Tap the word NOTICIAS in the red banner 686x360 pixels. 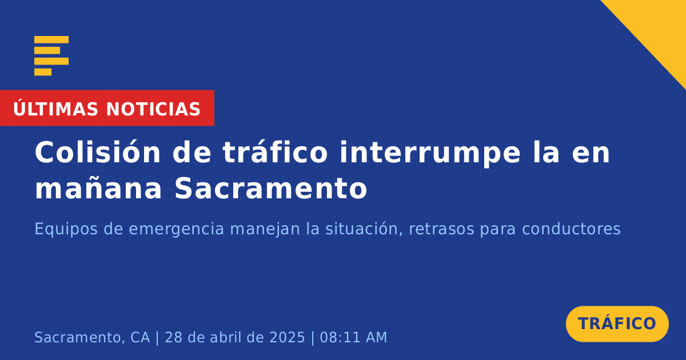click(x=153, y=109)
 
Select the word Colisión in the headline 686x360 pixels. click(x=97, y=152)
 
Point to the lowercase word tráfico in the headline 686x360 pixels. click(x=275, y=151)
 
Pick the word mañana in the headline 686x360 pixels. click(x=98, y=188)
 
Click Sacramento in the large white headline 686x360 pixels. click(x=271, y=188)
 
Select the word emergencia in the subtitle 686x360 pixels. click(x=177, y=230)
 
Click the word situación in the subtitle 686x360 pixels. click(x=364, y=229)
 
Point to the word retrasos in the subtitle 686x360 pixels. click(x=441, y=229)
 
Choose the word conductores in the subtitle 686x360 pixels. click(x=571, y=229)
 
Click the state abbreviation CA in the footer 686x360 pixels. click(x=140, y=337)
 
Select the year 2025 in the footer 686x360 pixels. click(x=287, y=337)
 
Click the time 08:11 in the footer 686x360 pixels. click(x=338, y=337)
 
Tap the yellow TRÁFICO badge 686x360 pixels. click(x=617, y=324)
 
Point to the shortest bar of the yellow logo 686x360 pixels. click(x=43, y=72)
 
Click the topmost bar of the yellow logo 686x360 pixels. click(x=51, y=40)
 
